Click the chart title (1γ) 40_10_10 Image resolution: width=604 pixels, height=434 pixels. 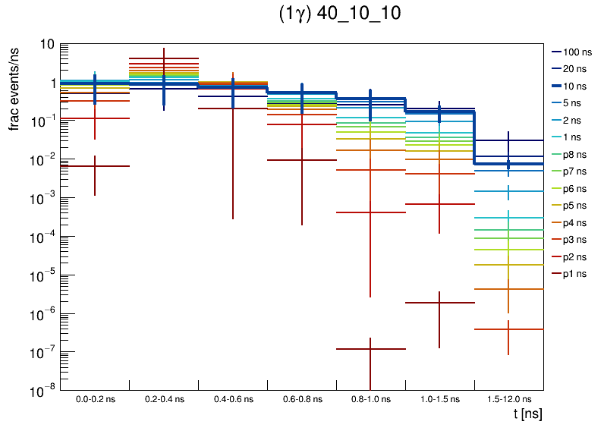point(340,14)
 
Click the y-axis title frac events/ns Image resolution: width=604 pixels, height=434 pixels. point(14,87)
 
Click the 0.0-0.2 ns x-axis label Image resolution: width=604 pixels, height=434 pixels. point(95,398)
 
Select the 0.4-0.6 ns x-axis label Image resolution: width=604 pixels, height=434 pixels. point(232,398)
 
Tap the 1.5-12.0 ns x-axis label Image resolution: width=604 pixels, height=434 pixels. point(508,398)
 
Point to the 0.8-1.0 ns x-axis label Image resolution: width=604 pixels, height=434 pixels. point(370,398)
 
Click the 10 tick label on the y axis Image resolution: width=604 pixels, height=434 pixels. point(46,45)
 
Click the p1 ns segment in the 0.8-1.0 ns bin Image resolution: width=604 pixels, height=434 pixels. point(370,349)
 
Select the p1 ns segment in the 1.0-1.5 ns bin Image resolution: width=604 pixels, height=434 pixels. point(439,303)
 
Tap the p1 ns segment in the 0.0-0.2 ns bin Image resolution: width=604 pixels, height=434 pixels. point(95,166)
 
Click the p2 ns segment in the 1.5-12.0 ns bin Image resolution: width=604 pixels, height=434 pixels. point(508,329)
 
